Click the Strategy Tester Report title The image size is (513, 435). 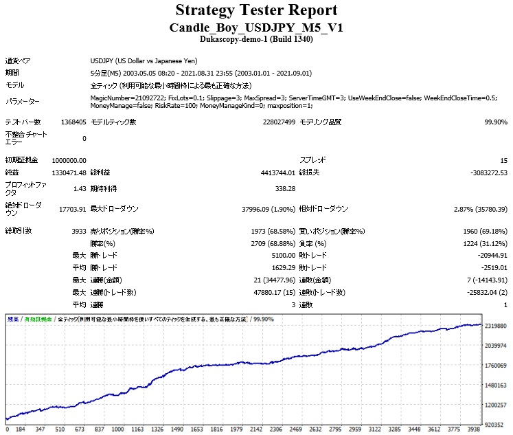[x=256, y=10]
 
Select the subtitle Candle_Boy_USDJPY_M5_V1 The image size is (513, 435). [x=256, y=27]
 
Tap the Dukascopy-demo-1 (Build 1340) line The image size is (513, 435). [x=256, y=40]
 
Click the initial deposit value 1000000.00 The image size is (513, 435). [x=69, y=160]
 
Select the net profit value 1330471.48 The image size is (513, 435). [x=69, y=172]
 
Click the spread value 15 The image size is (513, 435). [x=503, y=160]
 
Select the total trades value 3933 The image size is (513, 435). [x=78, y=231]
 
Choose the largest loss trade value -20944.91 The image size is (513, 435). [x=487, y=256]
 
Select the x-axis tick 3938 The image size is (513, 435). [x=474, y=430]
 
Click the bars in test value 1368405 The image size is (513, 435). [x=73, y=122]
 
